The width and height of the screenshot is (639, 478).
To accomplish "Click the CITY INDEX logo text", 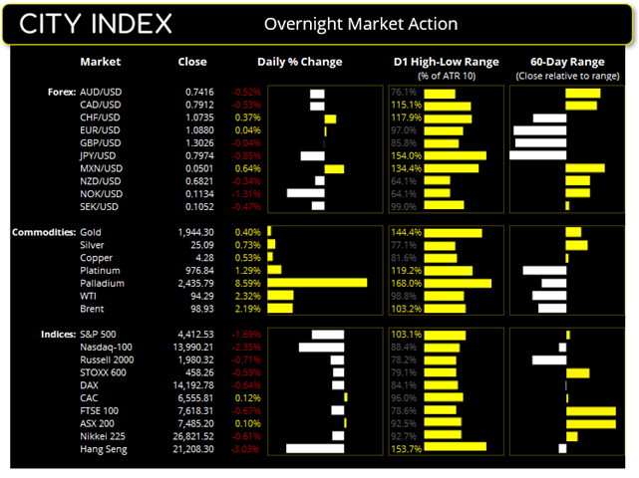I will click(96, 24).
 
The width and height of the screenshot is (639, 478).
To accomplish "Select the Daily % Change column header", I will click(299, 62).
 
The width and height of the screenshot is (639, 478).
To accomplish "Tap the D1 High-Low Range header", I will click(441, 62).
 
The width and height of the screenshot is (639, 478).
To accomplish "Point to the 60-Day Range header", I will click(563, 62).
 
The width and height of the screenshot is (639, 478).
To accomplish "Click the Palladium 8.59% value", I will click(246, 283).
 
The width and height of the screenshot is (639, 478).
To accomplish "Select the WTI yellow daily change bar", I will click(280, 296).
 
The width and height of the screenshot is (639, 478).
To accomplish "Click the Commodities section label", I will click(40, 232).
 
